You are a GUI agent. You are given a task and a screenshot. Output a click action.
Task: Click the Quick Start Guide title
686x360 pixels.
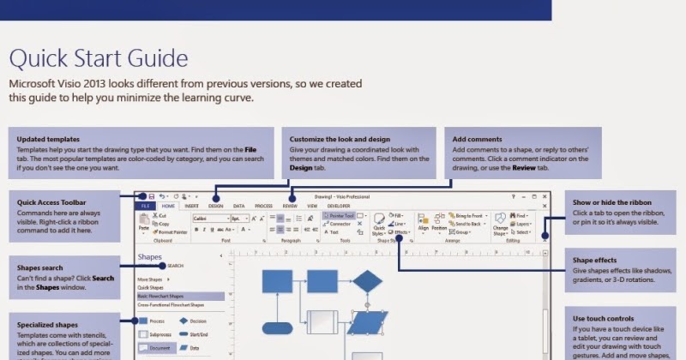tap(98, 59)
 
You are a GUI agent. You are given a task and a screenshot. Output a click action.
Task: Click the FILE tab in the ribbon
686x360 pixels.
tap(145, 207)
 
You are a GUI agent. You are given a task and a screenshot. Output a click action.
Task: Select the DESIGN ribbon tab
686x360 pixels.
tap(215, 207)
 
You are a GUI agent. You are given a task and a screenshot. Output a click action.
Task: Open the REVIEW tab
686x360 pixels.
tap(290, 207)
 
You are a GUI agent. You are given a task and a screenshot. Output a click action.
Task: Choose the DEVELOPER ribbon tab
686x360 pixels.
tap(339, 207)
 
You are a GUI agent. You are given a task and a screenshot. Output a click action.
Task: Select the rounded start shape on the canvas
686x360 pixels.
tap(277, 327)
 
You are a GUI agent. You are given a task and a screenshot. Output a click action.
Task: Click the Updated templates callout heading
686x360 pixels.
tap(48, 139)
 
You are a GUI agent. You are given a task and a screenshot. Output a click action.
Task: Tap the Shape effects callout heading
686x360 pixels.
tap(597, 261)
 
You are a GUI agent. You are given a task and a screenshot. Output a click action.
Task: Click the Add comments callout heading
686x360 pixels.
tap(478, 139)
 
